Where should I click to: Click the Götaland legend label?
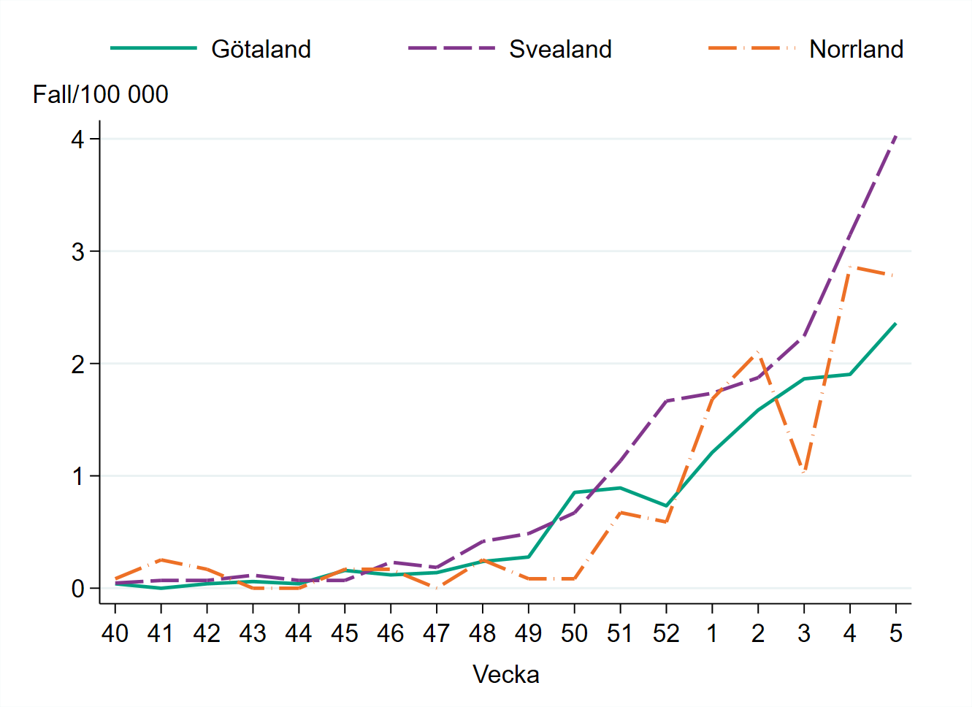coord(261,49)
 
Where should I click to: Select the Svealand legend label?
coord(560,49)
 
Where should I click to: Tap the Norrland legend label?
coord(856,49)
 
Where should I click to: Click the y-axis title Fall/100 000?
coord(101,94)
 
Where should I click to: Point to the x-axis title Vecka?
coord(505,674)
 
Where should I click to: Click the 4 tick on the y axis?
coord(78,139)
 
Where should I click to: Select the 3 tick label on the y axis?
coord(78,252)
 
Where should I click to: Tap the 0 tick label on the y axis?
coord(78,589)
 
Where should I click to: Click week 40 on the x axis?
coord(115,633)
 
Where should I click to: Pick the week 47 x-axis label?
coord(436,633)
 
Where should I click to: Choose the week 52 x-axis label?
coord(666,633)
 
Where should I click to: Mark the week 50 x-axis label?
coord(574,633)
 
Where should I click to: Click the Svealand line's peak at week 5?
coord(896,136)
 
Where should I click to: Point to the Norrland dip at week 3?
coord(804,472)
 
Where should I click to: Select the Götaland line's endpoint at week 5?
coord(896,323)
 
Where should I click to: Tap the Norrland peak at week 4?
coord(850,267)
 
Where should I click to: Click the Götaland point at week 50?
coord(575,492)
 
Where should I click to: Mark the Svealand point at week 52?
coord(666,401)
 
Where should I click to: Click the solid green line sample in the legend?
coord(153,48)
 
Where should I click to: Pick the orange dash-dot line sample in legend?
coord(751,48)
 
